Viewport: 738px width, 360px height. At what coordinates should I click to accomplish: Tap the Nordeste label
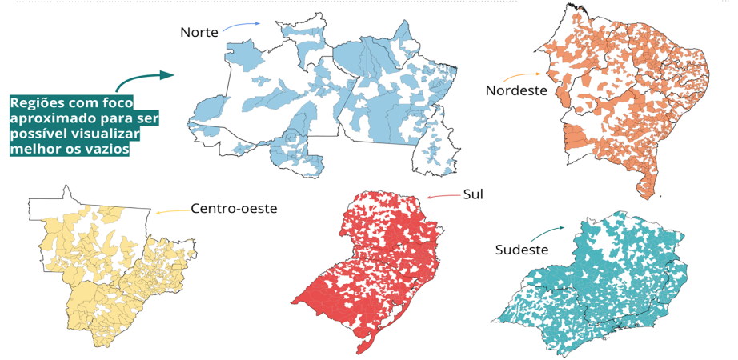pos(516,90)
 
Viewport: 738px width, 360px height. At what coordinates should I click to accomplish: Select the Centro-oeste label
pos(234,209)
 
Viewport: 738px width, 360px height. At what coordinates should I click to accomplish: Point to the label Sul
pos(473,194)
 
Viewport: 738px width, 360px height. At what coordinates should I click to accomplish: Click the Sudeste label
pos(521,250)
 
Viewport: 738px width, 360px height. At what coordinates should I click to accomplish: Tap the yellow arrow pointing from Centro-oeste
pos(170,212)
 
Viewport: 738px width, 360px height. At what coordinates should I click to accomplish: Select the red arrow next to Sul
pos(441,196)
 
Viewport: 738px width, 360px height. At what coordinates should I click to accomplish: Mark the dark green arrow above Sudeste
pos(554,234)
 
